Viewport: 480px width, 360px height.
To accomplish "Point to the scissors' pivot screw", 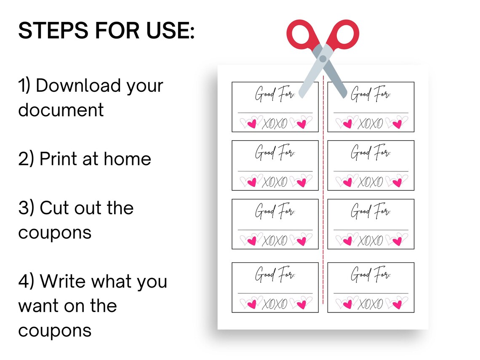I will [x=323, y=59].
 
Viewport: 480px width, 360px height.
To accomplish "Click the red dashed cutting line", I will [x=323, y=189].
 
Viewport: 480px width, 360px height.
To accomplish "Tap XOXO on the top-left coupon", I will [x=275, y=123].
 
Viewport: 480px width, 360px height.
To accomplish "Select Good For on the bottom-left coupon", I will [x=275, y=275].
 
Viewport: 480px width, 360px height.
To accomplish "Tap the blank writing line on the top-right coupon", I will [x=371, y=113].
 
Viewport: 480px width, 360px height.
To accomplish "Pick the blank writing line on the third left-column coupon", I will [x=275, y=230].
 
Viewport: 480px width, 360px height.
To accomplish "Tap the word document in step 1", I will [x=61, y=110].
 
